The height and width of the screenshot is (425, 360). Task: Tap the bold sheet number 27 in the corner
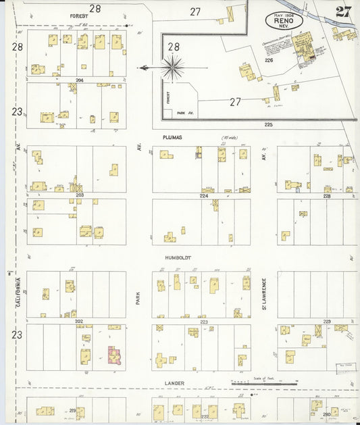pyautogui.click(x=342, y=11)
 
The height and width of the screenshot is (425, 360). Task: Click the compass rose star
pyautogui.click(x=174, y=68)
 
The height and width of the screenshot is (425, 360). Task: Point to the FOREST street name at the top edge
pyautogui.click(x=80, y=14)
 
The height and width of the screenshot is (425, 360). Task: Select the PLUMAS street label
pyautogui.click(x=173, y=137)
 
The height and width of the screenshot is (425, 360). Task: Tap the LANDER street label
pyautogui.click(x=175, y=383)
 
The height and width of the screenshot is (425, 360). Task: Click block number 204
pyautogui.click(x=79, y=80)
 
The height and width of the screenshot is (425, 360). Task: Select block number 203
pyautogui.click(x=79, y=195)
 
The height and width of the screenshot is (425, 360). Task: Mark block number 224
pyautogui.click(x=204, y=195)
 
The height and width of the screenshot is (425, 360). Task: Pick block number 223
pyautogui.click(x=203, y=322)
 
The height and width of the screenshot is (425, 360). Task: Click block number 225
pyautogui.click(x=269, y=124)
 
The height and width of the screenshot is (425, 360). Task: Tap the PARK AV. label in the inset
pyautogui.click(x=185, y=113)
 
